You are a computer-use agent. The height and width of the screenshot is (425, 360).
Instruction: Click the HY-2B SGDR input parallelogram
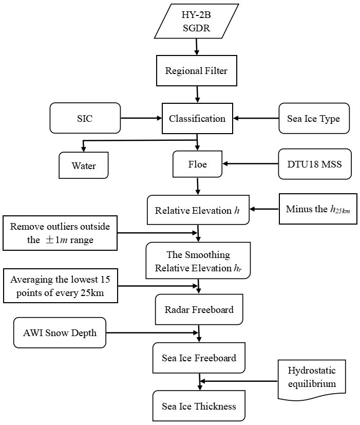(x=196, y=22)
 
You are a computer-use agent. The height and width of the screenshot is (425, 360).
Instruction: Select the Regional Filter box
(x=196, y=70)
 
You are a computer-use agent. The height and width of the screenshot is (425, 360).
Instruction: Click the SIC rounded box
(x=85, y=118)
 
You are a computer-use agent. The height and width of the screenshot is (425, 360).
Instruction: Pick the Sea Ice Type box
(x=313, y=119)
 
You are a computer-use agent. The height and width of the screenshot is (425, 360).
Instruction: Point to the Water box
(x=84, y=166)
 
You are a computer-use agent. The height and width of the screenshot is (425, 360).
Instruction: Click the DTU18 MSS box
(x=315, y=164)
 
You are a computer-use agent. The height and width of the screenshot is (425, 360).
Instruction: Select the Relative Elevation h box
(x=198, y=210)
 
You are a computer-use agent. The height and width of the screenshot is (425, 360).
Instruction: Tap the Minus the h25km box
(x=318, y=209)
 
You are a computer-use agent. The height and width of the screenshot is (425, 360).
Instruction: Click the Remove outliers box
(x=60, y=232)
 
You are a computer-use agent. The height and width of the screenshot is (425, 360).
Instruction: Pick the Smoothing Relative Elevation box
(x=198, y=261)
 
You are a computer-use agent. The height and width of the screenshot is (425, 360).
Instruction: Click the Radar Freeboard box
(x=199, y=309)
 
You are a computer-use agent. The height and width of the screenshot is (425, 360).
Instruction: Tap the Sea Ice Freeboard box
(x=199, y=358)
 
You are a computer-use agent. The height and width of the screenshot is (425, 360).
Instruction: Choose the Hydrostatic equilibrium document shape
(x=311, y=378)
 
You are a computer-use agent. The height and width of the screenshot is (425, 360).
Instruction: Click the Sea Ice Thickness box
(x=199, y=406)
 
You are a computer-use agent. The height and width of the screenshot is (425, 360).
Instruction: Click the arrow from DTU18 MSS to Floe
(x=250, y=164)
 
